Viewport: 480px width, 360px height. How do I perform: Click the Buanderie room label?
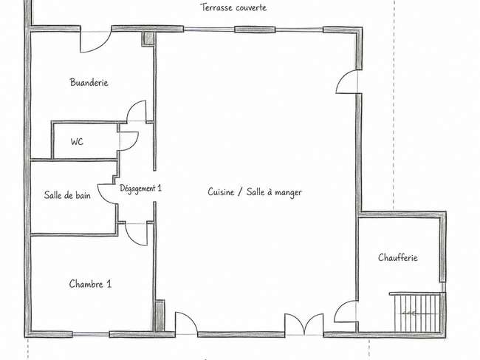[x=89, y=82]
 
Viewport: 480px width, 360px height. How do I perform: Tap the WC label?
[x=77, y=141]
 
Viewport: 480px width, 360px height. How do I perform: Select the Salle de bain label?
[x=67, y=195]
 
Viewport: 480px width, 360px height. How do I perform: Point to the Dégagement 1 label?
[x=140, y=188]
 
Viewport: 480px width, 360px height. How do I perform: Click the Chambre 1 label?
[x=90, y=284]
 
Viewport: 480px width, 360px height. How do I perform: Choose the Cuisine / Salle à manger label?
[x=255, y=192]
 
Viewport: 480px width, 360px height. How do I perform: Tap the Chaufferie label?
[x=397, y=257]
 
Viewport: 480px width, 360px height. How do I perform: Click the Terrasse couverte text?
[x=233, y=7]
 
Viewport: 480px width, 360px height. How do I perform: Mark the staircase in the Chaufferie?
[x=417, y=312]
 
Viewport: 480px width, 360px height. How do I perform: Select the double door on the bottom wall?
[x=304, y=325]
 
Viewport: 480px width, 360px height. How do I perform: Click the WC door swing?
[x=128, y=141]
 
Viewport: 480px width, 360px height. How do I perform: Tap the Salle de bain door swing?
[x=108, y=194]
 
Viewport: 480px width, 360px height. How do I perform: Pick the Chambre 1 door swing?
[x=136, y=234]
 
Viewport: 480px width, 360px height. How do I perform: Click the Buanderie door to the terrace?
[x=96, y=41]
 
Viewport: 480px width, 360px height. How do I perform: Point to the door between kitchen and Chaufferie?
[x=346, y=311]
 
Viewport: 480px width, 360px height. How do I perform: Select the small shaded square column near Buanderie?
[x=148, y=38]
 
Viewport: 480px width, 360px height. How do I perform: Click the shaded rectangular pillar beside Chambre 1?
[x=160, y=316]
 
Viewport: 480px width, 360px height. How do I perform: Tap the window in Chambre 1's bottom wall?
[x=91, y=334]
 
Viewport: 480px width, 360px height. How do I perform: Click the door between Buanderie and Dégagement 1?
[x=137, y=111]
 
